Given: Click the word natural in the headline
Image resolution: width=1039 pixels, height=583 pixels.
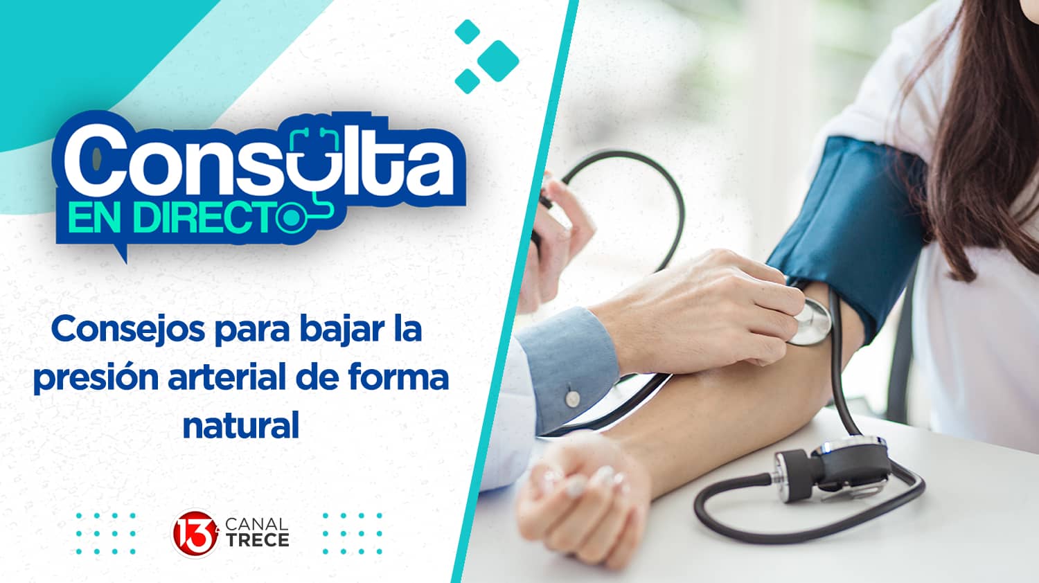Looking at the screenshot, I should click(240, 424).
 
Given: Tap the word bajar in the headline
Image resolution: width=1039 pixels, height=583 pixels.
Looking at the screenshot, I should click(339, 330).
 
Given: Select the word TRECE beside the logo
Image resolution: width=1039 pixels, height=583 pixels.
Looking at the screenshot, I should click(257, 541).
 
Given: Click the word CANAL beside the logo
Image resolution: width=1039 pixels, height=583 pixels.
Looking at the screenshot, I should click(257, 525).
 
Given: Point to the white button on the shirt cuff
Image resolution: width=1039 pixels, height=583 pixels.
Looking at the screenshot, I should click(572, 397).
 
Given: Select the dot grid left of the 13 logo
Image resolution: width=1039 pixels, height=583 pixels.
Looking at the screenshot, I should click(105, 534).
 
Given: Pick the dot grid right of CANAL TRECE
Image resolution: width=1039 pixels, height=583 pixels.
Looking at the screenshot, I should click(352, 534).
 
